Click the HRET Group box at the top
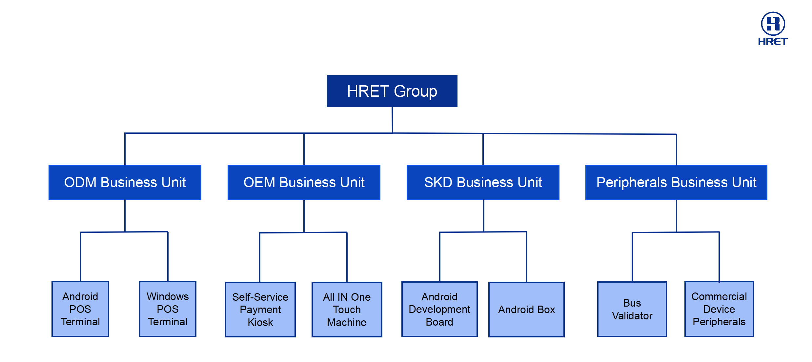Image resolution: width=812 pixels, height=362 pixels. click(x=392, y=91)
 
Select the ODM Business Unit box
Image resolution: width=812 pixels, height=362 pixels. click(x=125, y=182)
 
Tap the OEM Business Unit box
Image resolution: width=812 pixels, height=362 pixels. click(x=304, y=182)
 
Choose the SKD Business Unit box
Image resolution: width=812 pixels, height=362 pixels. click(x=483, y=182)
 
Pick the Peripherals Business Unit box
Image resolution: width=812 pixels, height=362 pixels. click(x=676, y=182)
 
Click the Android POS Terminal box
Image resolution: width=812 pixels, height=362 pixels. click(x=80, y=309)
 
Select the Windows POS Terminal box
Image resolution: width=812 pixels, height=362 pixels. click(x=168, y=309)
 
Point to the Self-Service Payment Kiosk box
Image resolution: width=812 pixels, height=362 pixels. click(x=260, y=310)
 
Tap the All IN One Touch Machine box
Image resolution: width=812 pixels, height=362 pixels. click(x=347, y=310)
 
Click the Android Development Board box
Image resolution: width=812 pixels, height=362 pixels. click(x=439, y=309)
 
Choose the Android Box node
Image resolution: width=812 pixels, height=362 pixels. click(x=526, y=310)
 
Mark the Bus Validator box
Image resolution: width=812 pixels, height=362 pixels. click(x=632, y=309)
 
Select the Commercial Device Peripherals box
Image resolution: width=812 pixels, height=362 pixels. click(x=719, y=309)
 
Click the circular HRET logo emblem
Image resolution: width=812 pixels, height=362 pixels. click(x=773, y=24)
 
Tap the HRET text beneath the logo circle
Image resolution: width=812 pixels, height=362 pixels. click(x=773, y=42)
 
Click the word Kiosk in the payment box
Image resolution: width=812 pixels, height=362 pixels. click(x=260, y=322)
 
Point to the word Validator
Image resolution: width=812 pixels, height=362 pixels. click(x=632, y=316)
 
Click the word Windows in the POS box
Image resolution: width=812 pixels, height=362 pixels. click(x=168, y=296)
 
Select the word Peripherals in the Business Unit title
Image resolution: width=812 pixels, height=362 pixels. click(x=631, y=182)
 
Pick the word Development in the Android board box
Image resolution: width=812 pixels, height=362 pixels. click(x=439, y=309)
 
